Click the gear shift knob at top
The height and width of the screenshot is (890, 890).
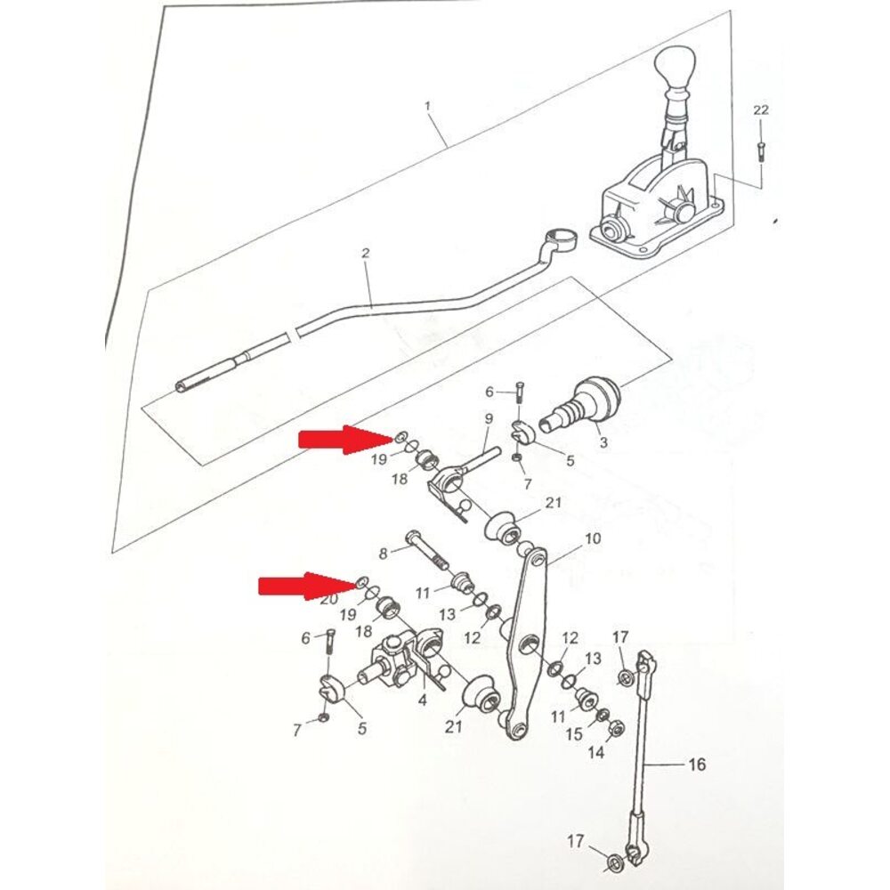(x=676, y=67)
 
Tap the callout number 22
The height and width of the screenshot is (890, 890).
(x=761, y=110)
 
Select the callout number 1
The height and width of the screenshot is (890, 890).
(x=427, y=106)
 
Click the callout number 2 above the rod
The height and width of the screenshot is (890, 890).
(x=365, y=253)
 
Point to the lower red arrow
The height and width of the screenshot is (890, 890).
(x=307, y=585)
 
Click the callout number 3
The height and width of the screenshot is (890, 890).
(x=603, y=442)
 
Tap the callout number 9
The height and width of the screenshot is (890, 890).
(x=488, y=419)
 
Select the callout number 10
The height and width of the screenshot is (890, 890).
(x=592, y=538)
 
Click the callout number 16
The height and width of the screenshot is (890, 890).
(x=697, y=765)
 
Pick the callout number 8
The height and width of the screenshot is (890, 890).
(x=383, y=553)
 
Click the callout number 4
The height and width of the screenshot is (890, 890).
(x=422, y=700)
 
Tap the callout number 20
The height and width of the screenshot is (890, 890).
(x=329, y=599)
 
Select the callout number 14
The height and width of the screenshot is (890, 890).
(x=595, y=753)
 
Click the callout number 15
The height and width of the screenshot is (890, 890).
(x=574, y=734)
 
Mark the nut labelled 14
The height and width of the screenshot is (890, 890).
(x=615, y=727)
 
